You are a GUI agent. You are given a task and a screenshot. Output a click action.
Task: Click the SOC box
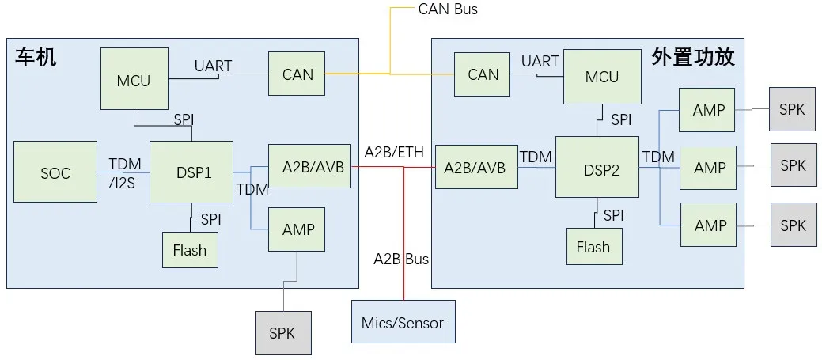pyautogui.click(x=55, y=172)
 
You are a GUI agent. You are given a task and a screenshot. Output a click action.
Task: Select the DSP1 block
pyautogui.click(x=191, y=172)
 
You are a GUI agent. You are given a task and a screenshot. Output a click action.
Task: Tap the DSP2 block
pyautogui.click(x=597, y=167)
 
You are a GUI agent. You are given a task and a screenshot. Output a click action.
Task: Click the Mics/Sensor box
pyautogui.click(x=403, y=323)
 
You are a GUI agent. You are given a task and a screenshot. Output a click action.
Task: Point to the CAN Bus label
pyautogui.click(x=448, y=9)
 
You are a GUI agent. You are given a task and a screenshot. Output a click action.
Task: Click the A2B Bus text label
pyautogui.click(x=401, y=259)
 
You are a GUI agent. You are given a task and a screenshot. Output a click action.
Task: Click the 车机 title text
pyautogui.click(x=36, y=57)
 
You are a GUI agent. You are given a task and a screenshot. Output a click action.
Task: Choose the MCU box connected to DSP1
pyautogui.click(x=134, y=79)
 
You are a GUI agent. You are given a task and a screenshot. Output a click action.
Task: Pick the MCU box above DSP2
pyautogui.click(x=602, y=76)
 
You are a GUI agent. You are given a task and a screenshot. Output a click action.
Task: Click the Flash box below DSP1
pyautogui.click(x=190, y=250)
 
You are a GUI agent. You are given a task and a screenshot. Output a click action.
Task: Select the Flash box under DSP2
pyautogui.click(x=593, y=247)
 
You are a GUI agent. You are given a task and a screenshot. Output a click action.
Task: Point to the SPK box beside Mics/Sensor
pyautogui.click(x=282, y=333)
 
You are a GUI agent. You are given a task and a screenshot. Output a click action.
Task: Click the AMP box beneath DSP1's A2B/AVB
pyautogui.click(x=298, y=229)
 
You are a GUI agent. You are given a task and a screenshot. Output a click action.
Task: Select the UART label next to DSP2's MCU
pyautogui.click(x=540, y=61)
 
